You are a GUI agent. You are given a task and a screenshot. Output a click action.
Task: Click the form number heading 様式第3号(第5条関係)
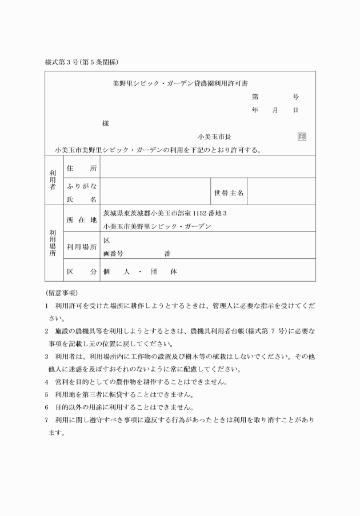click(x=81, y=62)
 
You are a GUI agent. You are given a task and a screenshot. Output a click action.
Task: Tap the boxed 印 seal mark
click(x=302, y=137)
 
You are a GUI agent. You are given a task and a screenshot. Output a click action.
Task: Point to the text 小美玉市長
click(x=214, y=137)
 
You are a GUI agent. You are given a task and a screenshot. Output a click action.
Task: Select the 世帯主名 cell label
click(x=229, y=193)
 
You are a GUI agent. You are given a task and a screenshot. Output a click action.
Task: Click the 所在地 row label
click(x=82, y=219)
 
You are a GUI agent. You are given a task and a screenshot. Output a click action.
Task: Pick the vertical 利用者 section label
click(x=53, y=179)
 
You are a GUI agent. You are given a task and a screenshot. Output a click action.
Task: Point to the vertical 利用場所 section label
click(x=53, y=243)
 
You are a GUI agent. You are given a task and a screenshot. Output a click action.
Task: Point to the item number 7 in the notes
click(x=47, y=420)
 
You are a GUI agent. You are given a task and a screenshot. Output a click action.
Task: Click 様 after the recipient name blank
click(x=105, y=123)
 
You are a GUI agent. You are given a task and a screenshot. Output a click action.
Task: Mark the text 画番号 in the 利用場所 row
click(x=113, y=253)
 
